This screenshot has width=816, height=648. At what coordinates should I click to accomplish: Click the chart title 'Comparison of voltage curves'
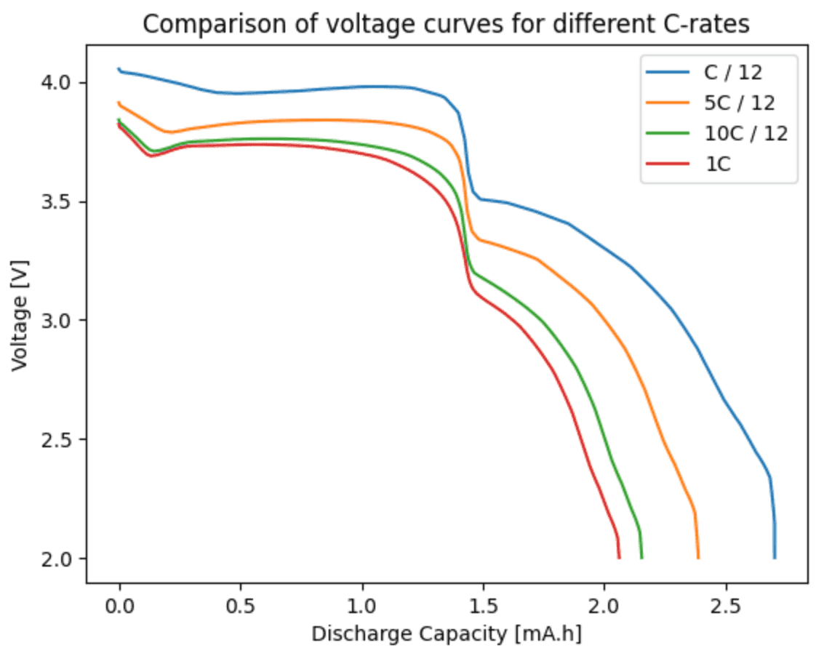click(446, 24)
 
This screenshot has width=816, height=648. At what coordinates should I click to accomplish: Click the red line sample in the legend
click(666, 164)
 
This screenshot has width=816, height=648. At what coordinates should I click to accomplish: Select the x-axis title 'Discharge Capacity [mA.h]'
click(447, 633)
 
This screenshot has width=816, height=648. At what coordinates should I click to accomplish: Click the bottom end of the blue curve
click(775, 558)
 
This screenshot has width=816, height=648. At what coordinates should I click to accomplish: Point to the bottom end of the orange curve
click(697, 558)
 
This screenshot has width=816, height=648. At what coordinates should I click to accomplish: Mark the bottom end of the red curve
click(619, 558)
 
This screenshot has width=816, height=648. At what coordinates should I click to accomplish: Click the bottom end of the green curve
click(641, 558)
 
